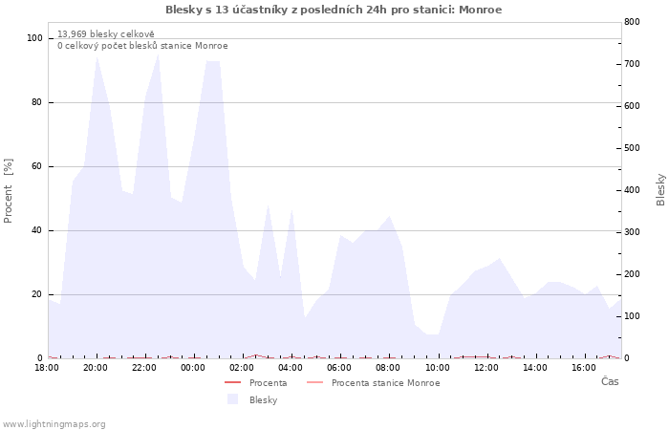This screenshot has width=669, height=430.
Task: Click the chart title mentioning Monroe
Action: [334, 10]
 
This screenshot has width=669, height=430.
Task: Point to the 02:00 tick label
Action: [242, 368]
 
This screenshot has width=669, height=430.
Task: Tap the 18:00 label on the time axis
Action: [47, 368]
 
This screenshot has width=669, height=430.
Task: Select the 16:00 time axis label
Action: [584, 368]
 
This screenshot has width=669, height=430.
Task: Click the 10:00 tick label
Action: [438, 368]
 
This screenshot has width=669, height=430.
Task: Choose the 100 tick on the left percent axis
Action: [34, 38]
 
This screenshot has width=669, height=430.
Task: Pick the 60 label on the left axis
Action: [36, 166]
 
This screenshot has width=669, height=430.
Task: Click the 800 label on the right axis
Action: [632, 22]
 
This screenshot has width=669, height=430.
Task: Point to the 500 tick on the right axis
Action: [632, 148]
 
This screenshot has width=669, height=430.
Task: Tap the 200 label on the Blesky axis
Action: [632, 274]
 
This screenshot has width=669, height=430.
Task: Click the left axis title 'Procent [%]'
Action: [8, 191]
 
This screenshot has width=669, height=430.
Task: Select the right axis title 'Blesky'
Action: [660, 190]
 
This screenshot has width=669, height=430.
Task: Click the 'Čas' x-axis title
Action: [610, 381]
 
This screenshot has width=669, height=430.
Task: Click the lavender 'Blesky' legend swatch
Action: [232, 399]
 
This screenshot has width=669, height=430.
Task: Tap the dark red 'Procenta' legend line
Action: [233, 382]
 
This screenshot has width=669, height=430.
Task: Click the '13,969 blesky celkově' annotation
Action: [106, 34]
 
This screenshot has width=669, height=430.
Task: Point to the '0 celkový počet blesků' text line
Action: [142, 46]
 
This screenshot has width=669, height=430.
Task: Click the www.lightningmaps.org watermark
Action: [54, 424]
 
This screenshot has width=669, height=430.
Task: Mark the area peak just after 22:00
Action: [159, 54]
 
